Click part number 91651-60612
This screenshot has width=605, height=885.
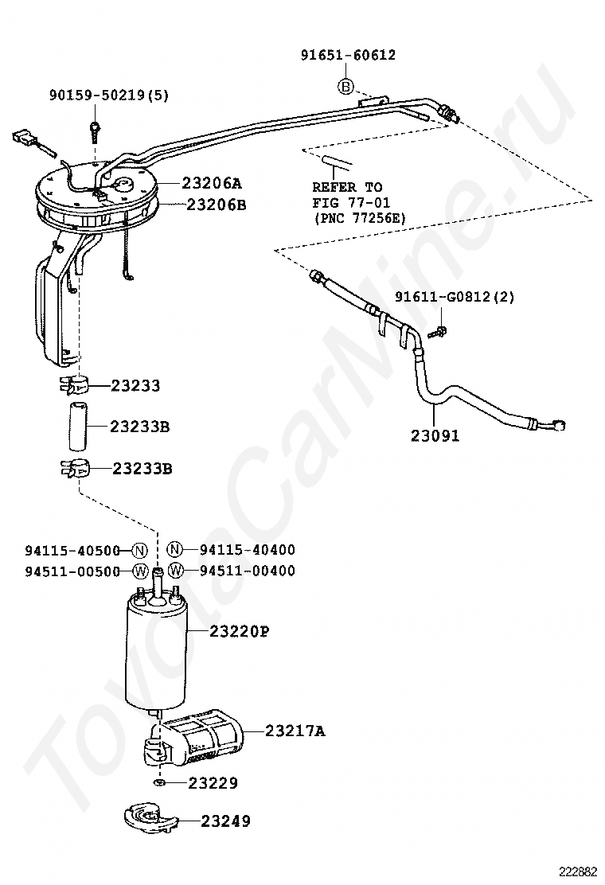tap(348, 56)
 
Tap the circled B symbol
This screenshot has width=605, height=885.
tap(345, 86)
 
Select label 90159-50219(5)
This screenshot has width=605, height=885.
tap(109, 96)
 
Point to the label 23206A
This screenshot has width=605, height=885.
tap(211, 183)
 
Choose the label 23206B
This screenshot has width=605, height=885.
tap(217, 204)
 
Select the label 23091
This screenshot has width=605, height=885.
tap(435, 435)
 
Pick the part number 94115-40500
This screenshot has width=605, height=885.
tap(72, 550)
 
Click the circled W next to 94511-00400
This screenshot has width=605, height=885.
tap(176, 570)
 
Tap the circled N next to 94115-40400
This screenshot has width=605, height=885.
tap(175, 548)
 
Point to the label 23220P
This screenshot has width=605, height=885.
tap(239, 631)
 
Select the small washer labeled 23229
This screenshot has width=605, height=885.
tap(158, 782)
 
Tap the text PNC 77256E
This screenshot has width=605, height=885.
tap(360, 218)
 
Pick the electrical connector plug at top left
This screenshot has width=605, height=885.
tap(23, 138)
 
